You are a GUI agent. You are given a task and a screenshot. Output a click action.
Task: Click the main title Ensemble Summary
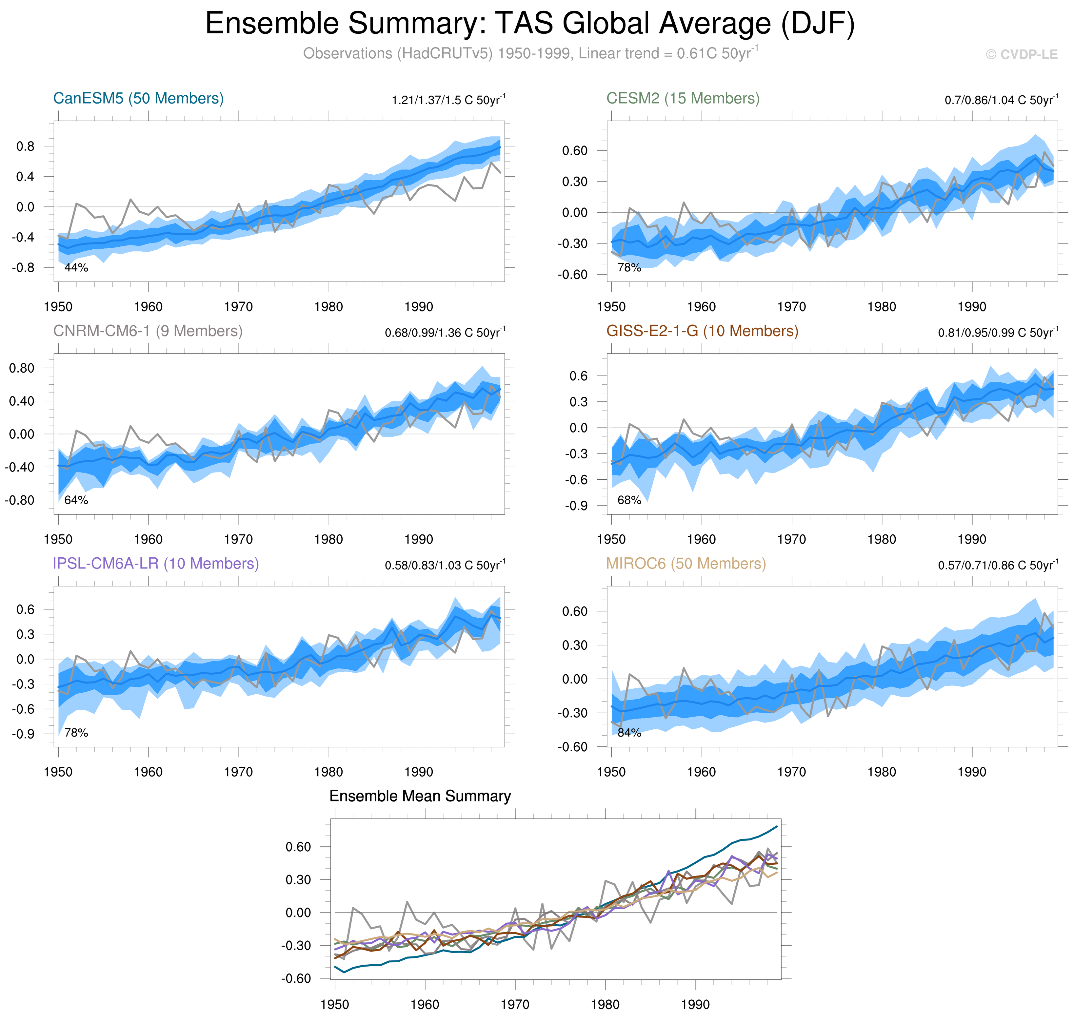pos(530,24)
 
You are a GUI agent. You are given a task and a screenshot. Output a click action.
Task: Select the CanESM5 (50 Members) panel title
pos(138,98)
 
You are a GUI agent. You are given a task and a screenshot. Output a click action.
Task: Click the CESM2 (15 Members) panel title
pos(683,98)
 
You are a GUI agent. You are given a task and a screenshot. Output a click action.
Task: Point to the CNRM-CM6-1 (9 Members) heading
pos(148,331)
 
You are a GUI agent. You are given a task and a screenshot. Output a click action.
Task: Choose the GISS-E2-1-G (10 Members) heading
pos(702,331)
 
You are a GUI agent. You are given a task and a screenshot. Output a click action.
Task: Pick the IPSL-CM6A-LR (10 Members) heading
pos(156,564)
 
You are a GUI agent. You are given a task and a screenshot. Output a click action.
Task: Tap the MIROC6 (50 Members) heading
pos(686,564)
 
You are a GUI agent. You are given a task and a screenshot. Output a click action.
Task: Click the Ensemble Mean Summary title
pos(420,797)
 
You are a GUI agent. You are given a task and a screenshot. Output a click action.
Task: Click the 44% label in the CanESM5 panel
pos(76,267)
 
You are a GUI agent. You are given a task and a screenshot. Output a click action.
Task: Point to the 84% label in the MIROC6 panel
pos(629,733)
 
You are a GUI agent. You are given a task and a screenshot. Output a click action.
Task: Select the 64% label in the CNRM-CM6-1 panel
pos(76,500)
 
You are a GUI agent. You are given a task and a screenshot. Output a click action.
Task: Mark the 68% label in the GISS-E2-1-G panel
pos(629,500)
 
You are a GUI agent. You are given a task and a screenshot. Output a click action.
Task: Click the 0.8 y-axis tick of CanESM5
pos(25,146)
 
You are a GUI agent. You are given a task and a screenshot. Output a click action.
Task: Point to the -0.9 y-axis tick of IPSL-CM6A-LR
pos(23,734)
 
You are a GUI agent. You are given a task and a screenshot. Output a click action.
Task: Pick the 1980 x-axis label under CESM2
pos(882,307)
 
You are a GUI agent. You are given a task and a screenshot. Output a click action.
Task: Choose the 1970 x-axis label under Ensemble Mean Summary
pos(515,1005)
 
